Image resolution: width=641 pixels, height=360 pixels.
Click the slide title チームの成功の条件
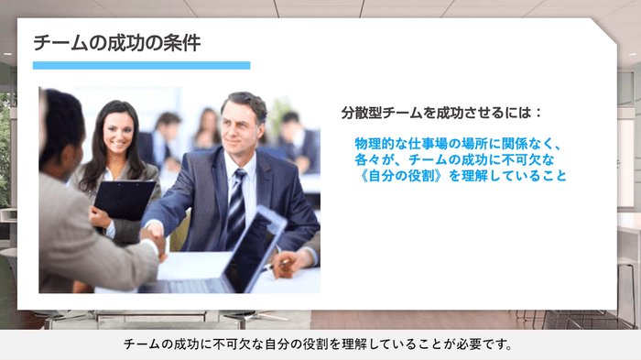pos(116,42)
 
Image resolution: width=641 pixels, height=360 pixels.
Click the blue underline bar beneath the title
pos(141,66)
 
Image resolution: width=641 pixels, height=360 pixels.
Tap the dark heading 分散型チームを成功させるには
pos(435,114)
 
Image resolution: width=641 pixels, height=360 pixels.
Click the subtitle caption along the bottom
pos(320,345)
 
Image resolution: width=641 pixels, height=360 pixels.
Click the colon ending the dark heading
pos(539,114)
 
